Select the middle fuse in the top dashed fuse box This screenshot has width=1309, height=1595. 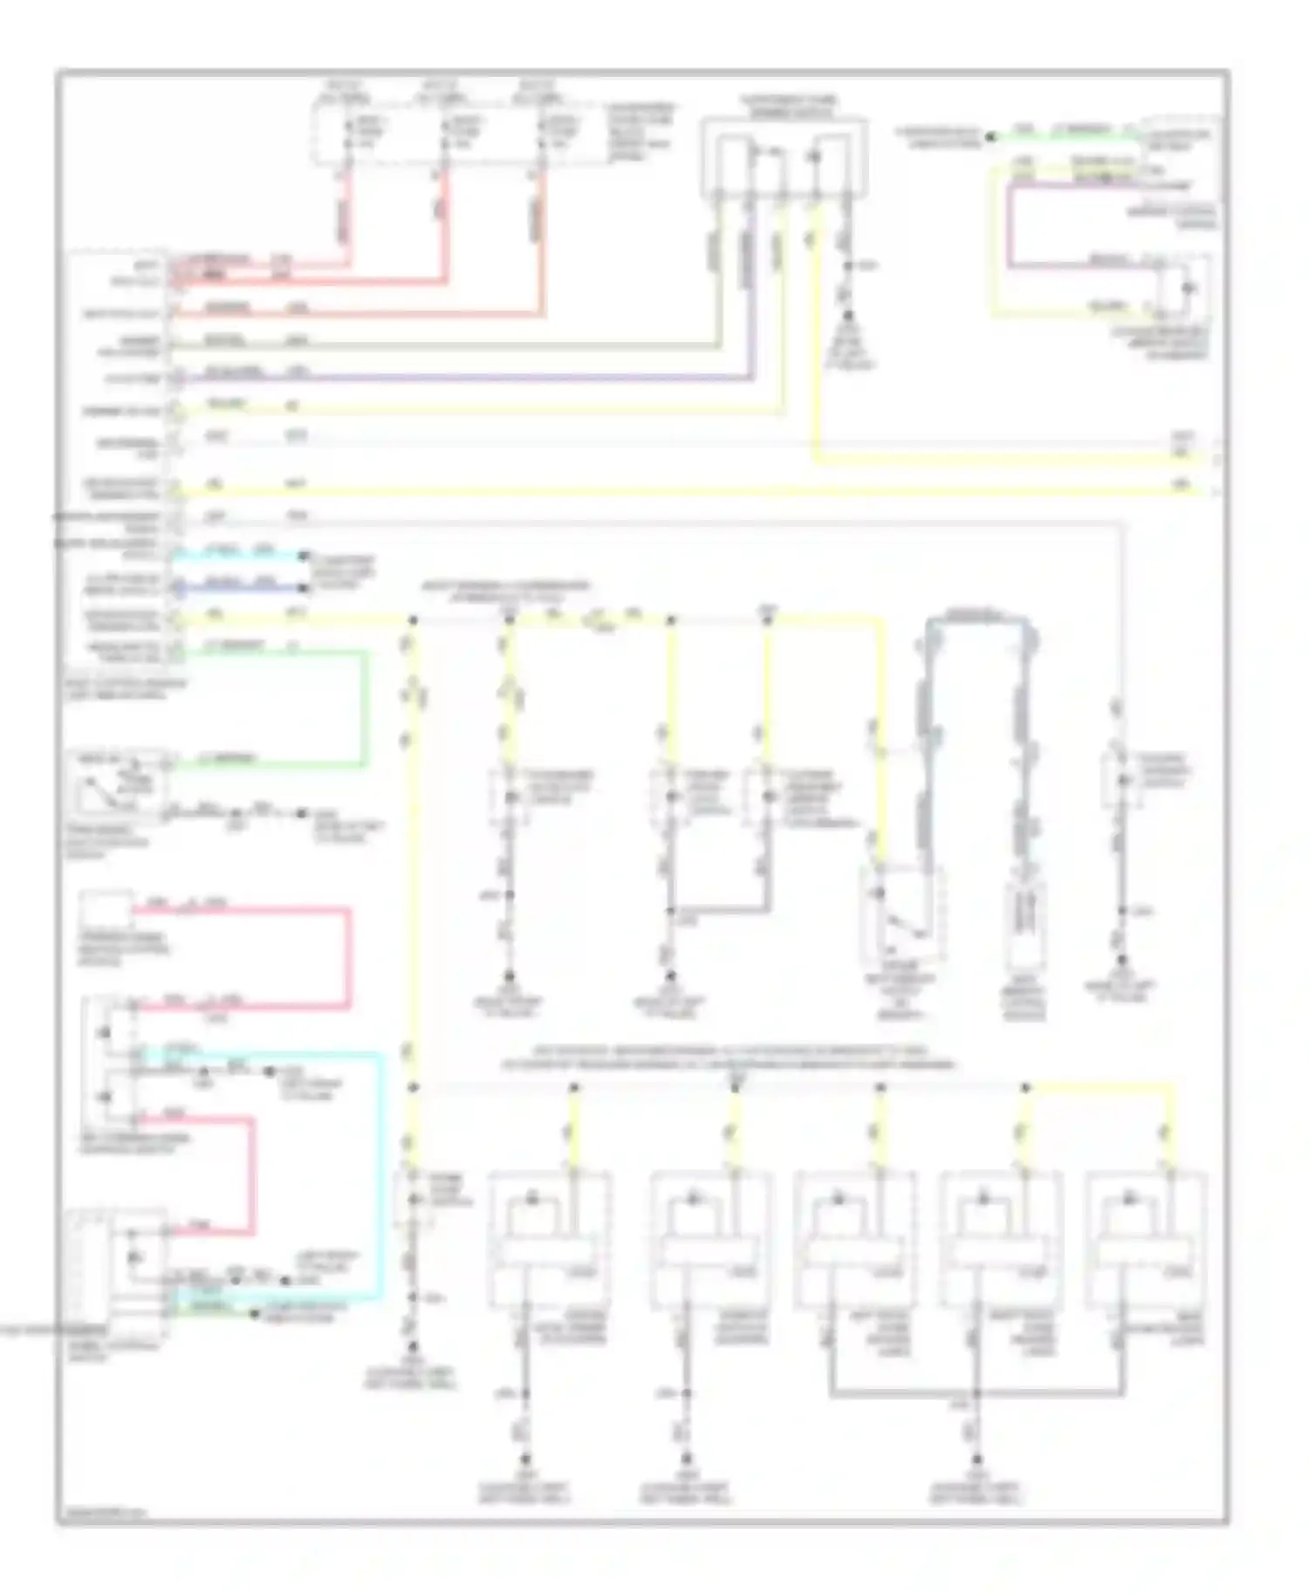pyautogui.click(x=444, y=135)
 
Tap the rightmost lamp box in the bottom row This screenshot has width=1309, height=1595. pyautogui.click(x=1146, y=1239)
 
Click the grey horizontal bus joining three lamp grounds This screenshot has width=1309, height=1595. pyautogui.click(x=976, y=1393)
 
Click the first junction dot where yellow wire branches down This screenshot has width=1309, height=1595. pyautogui.click(x=413, y=620)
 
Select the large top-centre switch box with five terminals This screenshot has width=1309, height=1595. pyautogui.click(x=784, y=157)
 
